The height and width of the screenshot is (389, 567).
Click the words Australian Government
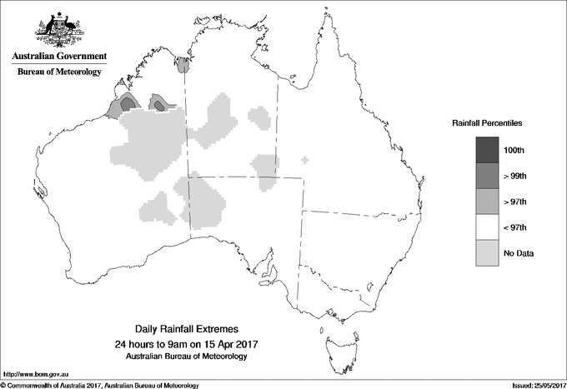coord(59,57)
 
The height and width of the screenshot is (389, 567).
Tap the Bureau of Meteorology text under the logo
coord(59,72)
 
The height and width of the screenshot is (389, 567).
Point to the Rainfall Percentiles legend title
coord(487,123)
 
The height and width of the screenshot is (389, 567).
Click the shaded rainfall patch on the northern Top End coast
coord(183,62)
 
